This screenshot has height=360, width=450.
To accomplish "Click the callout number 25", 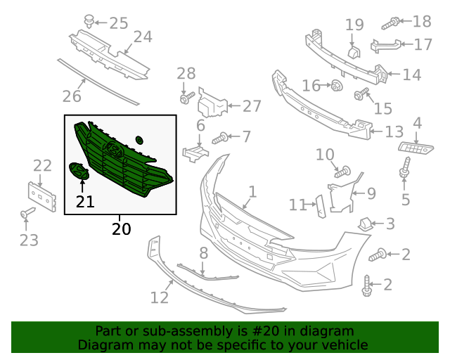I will click(118, 23).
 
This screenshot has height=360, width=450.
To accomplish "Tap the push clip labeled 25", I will click(89, 22).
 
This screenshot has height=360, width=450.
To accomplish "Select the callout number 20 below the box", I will click(120, 229).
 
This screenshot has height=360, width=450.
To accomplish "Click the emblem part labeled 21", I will click(79, 171).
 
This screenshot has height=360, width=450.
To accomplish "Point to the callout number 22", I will click(42, 166).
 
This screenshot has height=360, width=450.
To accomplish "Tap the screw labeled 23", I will click(25, 213).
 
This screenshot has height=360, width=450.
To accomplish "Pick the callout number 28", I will click(186, 73).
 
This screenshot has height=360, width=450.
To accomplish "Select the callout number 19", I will click(354, 25).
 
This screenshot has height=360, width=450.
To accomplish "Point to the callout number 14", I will click(411, 74).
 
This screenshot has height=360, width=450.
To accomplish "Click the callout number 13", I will click(394, 131).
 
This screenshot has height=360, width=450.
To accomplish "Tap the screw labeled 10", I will click(342, 171).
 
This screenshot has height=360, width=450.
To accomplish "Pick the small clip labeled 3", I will click(366, 224).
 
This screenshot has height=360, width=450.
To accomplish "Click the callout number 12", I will click(160, 297).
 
